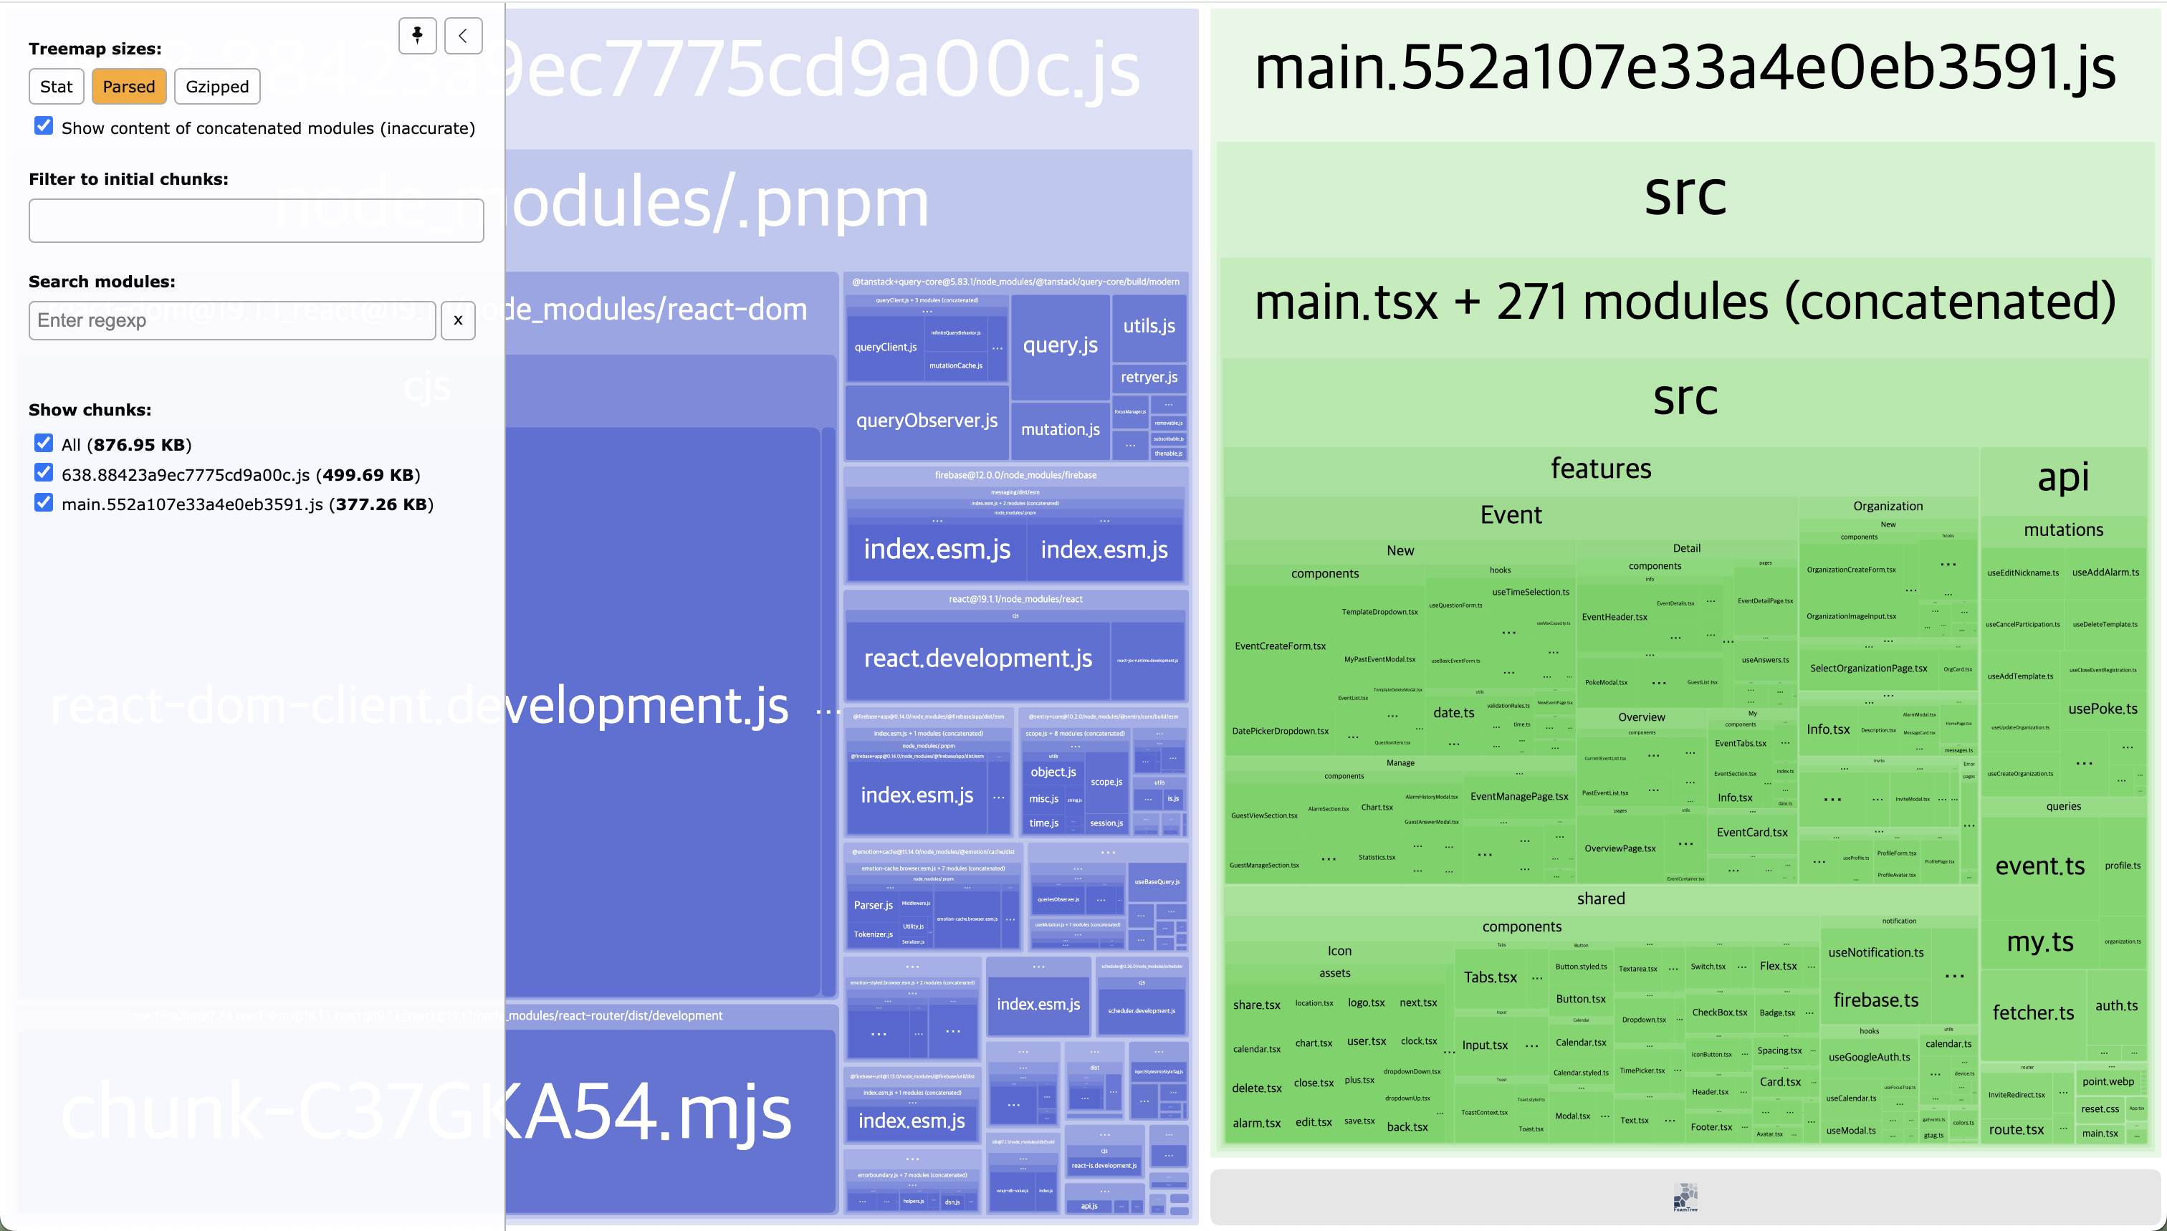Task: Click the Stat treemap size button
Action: coord(57,86)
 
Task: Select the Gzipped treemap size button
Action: coord(217,86)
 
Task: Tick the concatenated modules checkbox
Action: coord(44,126)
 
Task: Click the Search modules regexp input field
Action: coord(231,320)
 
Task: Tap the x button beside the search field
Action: coord(458,320)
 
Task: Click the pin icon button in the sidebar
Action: coord(417,36)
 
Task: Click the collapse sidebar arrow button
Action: coord(464,36)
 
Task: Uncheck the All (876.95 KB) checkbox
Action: coord(44,443)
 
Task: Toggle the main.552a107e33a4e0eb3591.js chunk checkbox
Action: coord(44,503)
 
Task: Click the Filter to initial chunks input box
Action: coord(256,221)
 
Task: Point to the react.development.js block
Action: coord(977,658)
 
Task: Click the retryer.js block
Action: coord(1149,377)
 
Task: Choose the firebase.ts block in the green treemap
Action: coord(1875,1000)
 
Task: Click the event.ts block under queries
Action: coord(2039,866)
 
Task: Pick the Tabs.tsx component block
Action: coord(1490,977)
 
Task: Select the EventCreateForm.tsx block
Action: coord(1280,646)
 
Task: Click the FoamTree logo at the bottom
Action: coord(1684,1197)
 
